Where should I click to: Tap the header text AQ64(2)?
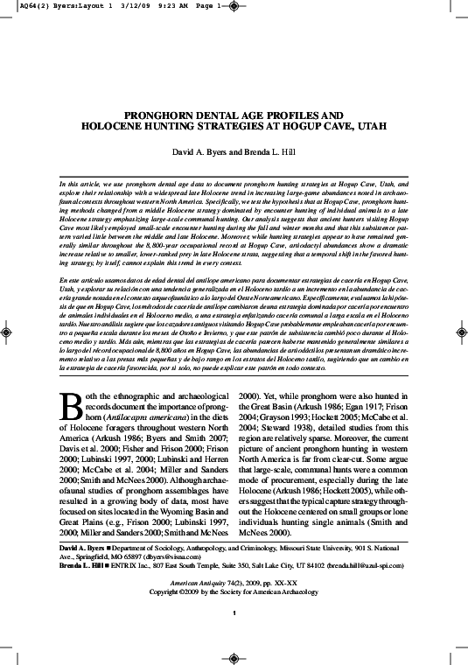coord(17,5)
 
